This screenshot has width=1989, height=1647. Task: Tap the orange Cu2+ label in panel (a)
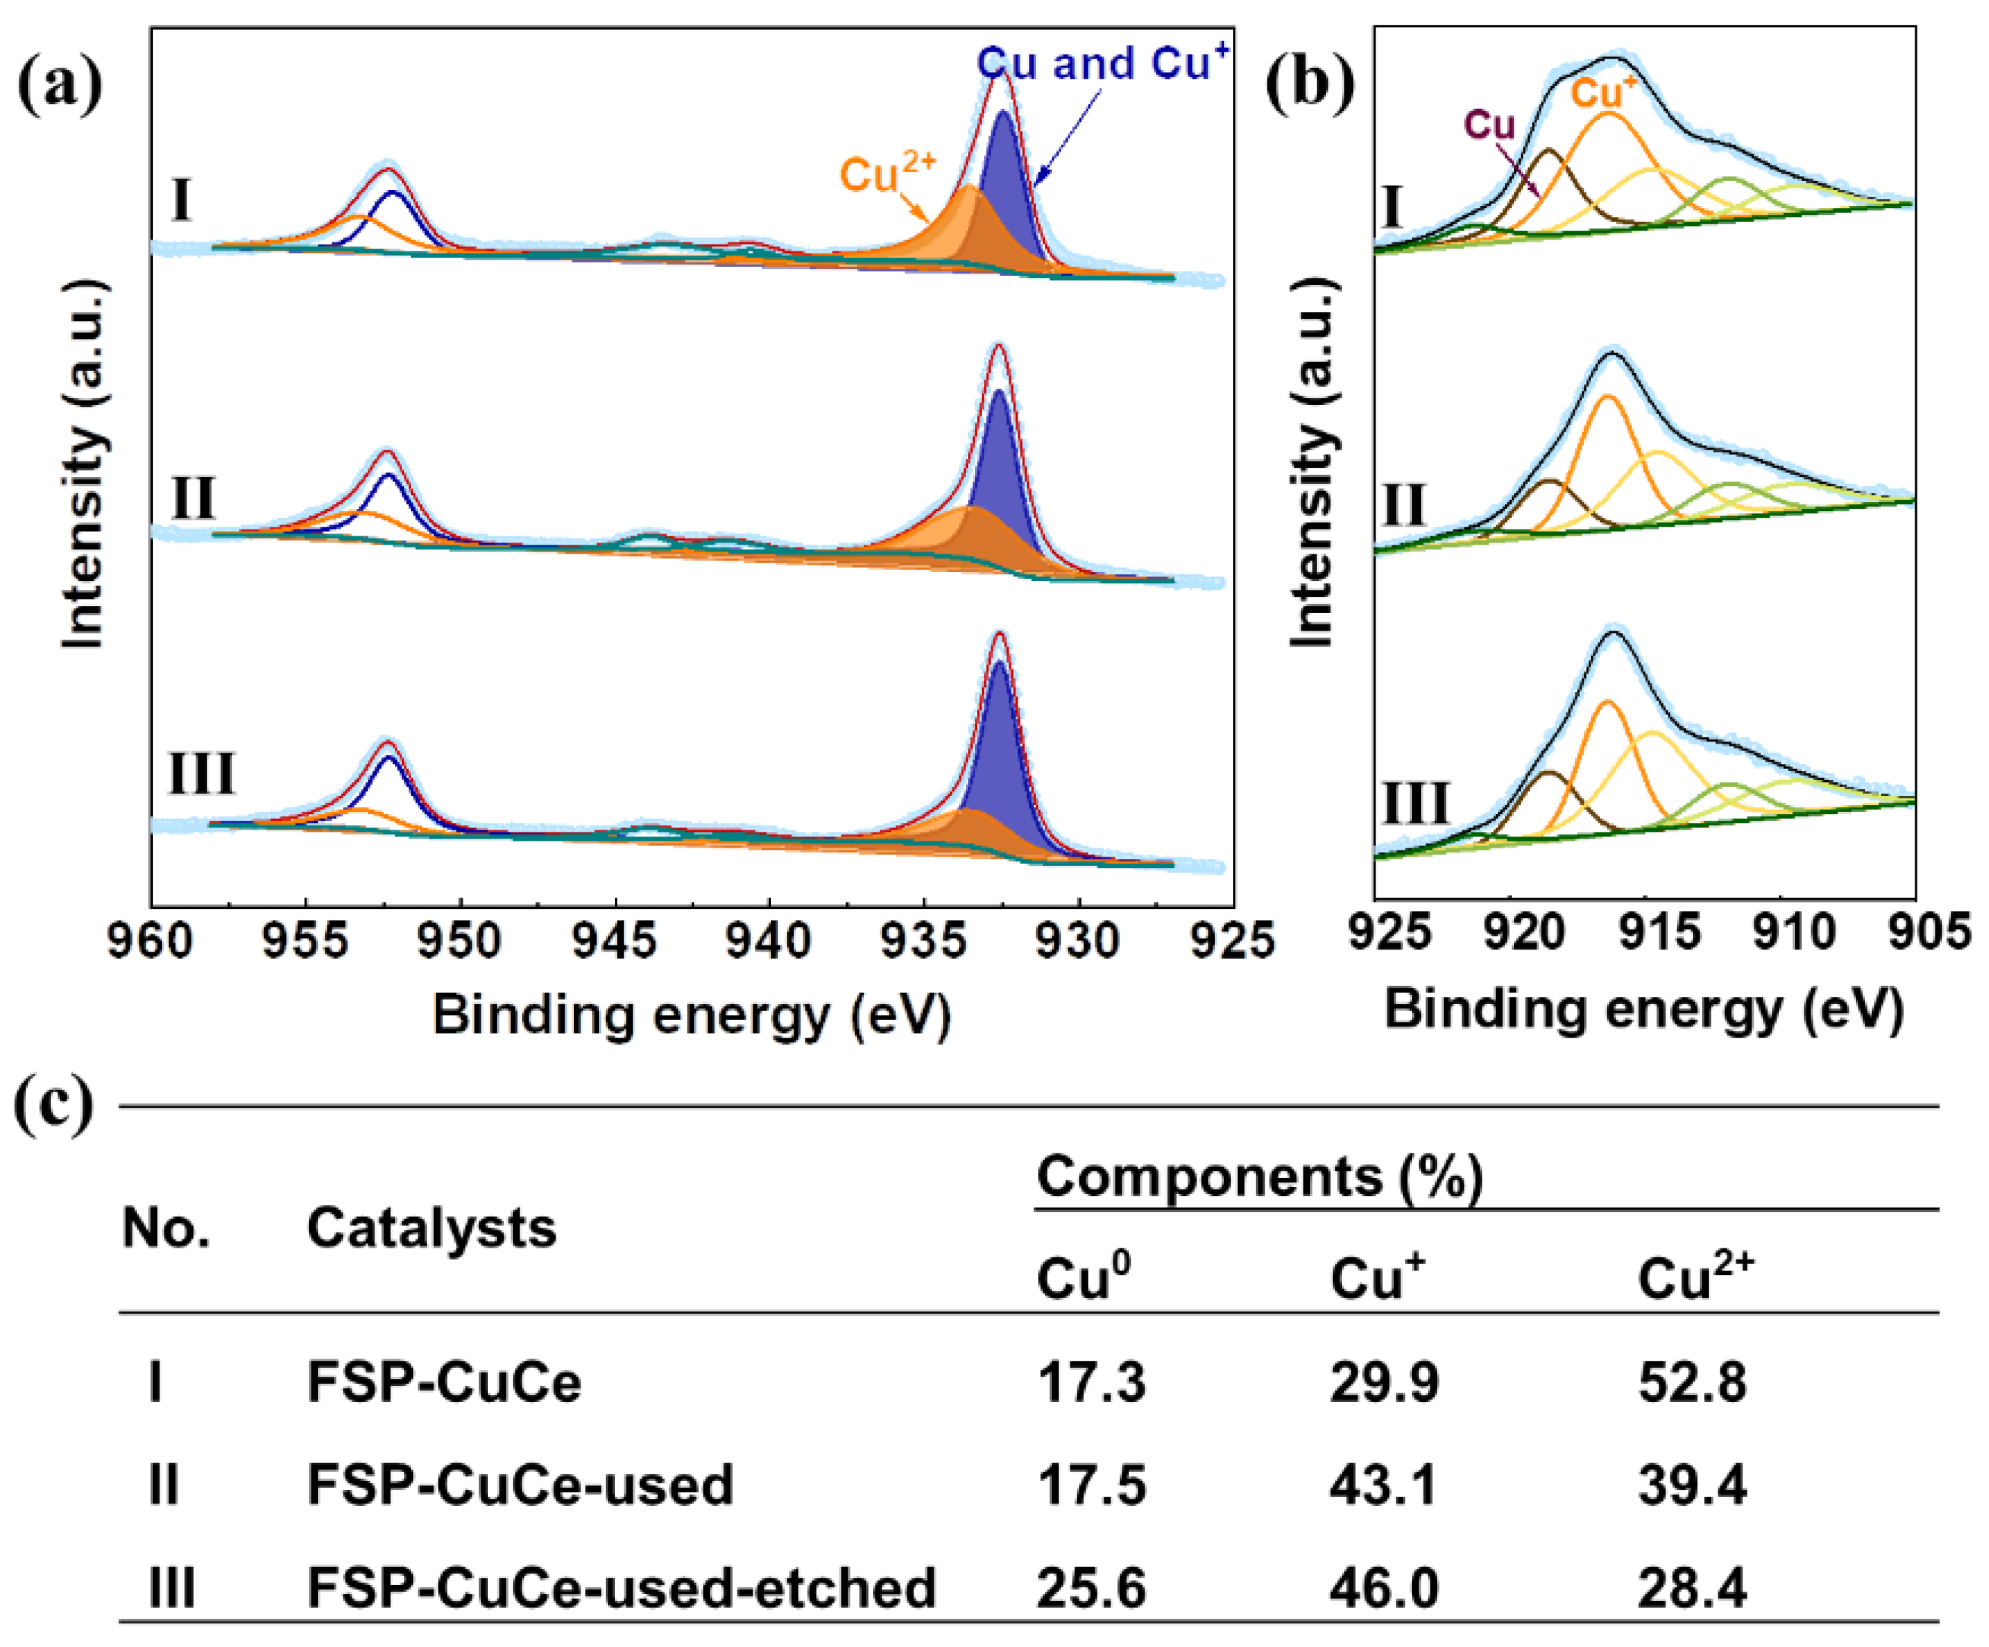tap(887, 174)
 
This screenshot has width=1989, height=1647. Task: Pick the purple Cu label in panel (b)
tap(1490, 125)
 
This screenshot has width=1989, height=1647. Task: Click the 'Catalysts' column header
tap(431, 1228)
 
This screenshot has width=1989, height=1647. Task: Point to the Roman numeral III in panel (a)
tap(201, 774)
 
